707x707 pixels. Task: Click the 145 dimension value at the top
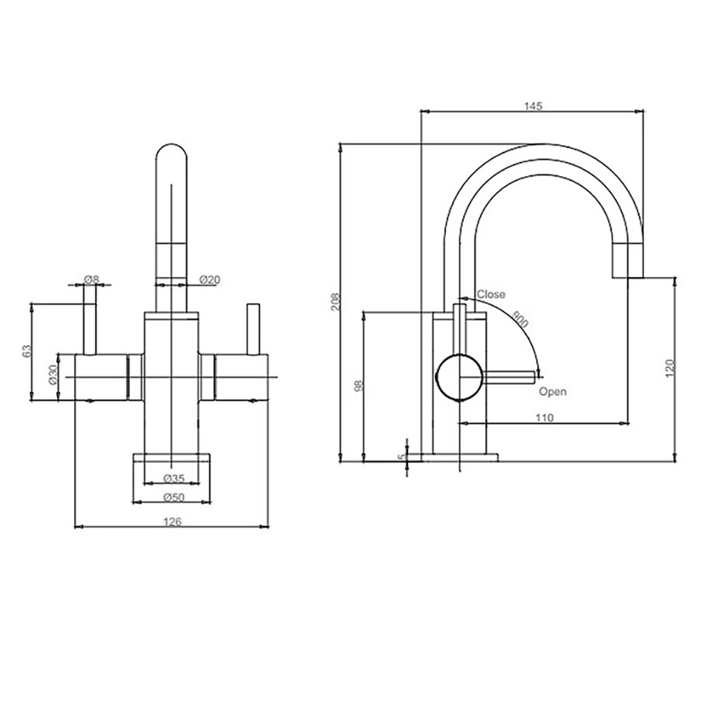coord(532,106)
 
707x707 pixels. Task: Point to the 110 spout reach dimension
coord(544,418)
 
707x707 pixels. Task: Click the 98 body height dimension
coord(358,385)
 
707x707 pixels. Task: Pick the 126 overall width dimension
coord(173,522)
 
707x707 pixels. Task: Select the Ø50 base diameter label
coord(173,498)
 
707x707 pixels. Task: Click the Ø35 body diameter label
coord(173,478)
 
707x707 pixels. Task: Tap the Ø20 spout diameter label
coord(209,280)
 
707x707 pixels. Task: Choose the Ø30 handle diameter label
coord(52,375)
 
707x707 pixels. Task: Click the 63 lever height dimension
coord(27,351)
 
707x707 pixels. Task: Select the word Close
coord(491,294)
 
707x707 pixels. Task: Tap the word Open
coord(552,391)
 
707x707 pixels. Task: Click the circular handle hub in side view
coord(460,377)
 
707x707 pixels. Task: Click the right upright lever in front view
coord(252,329)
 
